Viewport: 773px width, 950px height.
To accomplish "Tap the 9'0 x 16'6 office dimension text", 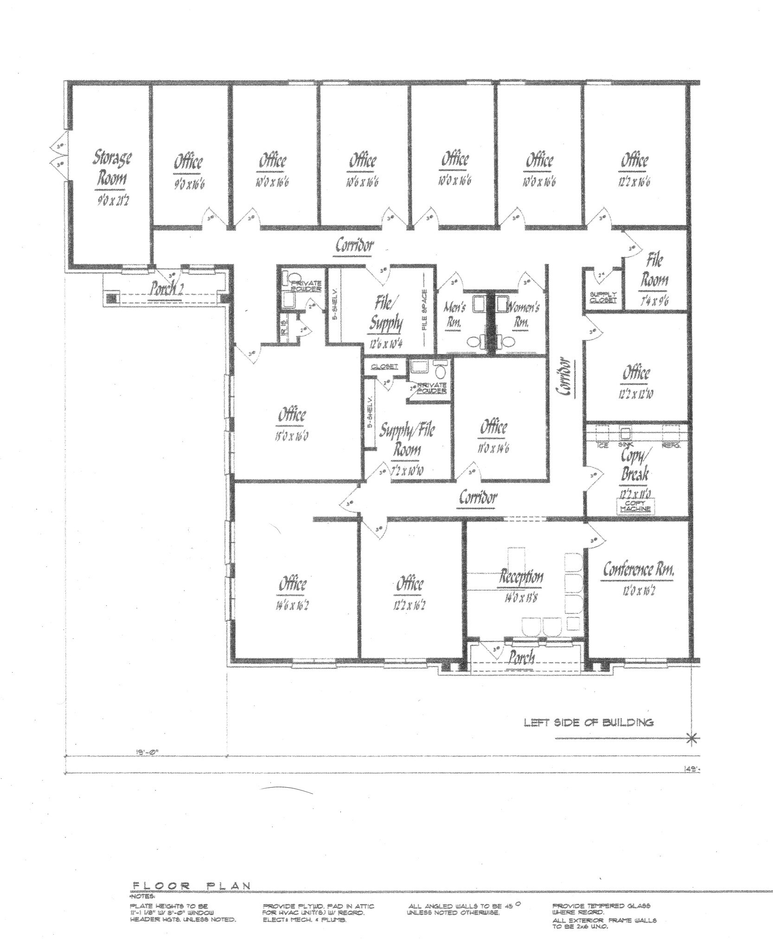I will click(x=188, y=183).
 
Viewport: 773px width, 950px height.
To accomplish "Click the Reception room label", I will click(x=521, y=577).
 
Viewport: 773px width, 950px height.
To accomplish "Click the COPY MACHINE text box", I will click(x=635, y=506).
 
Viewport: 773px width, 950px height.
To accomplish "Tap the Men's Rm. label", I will click(x=455, y=314).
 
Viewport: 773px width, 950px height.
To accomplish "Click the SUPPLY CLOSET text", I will click(x=603, y=297).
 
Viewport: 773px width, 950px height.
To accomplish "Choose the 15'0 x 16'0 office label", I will click(x=292, y=436).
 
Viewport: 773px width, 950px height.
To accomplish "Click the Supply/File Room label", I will click(x=407, y=440).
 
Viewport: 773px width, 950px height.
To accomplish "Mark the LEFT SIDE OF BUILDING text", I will click(x=588, y=722).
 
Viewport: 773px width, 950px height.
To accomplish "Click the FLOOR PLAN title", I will click(x=192, y=886).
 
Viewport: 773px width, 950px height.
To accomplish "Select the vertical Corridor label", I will click(x=564, y=376).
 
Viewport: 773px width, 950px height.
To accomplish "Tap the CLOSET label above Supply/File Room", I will click(x=384, y=366).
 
